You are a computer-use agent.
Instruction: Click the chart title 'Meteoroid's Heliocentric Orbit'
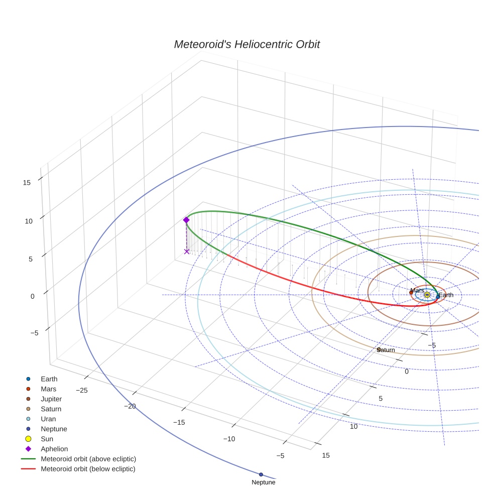click(246, 45)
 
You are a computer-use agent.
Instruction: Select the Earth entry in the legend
click(49, 379)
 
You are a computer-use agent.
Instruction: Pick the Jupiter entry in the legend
click(51, 399)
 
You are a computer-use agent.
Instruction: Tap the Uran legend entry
click(48, 419)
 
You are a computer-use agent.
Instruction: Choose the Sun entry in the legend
click(47, 439)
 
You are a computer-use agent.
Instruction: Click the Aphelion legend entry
click(54, 449)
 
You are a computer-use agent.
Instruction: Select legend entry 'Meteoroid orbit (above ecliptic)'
click(88, 459)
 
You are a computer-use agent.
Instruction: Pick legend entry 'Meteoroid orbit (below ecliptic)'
click(88, 469)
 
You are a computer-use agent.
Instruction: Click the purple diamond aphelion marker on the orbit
click(186, 220)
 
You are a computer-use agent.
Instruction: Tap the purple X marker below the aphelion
click(187, 252)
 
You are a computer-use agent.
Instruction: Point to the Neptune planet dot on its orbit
click(261, 474)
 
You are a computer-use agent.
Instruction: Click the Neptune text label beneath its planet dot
click(263, 482)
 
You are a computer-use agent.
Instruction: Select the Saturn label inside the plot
click(386, 350)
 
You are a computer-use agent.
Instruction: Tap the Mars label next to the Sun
click(417, 291)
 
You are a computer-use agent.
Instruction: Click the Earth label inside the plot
click(446, 295)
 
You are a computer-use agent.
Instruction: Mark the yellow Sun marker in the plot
click(427, 295)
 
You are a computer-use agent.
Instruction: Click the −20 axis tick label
click(131, 406)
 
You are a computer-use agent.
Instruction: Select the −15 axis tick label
click(179, 422)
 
